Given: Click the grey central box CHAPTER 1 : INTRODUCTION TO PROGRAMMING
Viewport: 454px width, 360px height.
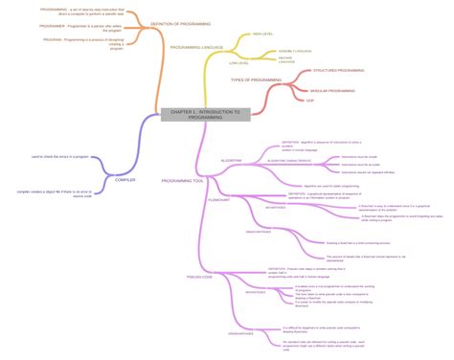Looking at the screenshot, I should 205,114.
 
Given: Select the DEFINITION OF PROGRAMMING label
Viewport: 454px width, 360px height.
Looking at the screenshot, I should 181,23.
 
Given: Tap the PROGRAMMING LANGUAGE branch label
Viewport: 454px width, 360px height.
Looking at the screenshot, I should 197,47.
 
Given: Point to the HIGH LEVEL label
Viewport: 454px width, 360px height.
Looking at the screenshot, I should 262,34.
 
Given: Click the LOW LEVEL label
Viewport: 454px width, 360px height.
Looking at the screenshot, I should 239,63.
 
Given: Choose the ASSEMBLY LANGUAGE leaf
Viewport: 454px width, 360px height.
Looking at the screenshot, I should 295,50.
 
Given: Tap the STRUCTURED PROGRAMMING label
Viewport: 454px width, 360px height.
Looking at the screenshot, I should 331,71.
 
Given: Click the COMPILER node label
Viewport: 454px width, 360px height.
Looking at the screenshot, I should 125,179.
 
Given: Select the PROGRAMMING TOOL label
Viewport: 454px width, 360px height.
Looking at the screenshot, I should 183,180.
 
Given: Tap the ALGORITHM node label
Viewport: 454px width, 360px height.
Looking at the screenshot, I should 231,160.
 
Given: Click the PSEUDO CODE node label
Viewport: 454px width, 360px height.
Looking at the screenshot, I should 227,277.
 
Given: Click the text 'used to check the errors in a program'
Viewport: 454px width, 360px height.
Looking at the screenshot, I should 62,155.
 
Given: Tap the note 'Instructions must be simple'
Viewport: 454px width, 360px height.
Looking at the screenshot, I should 359,156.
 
